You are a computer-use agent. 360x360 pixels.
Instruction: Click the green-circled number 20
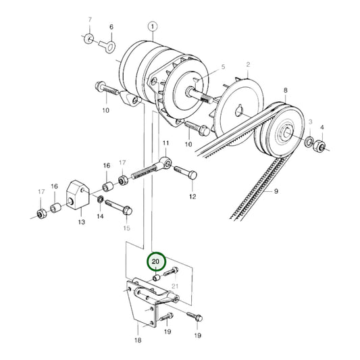156,260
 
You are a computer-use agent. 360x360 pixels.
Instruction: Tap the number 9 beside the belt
276,192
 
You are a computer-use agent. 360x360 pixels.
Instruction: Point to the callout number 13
80,222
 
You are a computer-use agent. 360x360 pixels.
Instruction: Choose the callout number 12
192,197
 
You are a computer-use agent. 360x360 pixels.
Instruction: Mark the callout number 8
286,90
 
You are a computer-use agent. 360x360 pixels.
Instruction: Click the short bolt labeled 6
107,47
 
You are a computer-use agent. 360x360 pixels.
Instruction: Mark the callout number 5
223,68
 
